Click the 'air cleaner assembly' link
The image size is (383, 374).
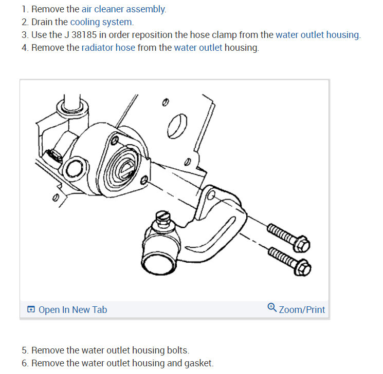pos(123,9)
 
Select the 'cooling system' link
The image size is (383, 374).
pos(102,22)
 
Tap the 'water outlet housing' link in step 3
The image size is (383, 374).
pos(318,35)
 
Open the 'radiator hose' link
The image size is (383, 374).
pos(108,48)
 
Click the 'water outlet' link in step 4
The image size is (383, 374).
pos(198,48)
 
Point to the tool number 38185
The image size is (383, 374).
pos(84,35)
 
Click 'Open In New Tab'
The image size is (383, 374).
pos(73,310)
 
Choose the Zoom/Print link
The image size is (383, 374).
pos(302,310)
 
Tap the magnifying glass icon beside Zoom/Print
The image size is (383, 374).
pos(272,307)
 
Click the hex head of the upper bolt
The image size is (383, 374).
pos(302,244)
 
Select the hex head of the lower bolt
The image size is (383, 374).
pos(303,268)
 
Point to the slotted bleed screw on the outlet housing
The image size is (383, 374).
pos(162,218)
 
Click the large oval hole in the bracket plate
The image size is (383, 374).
pos(177,126)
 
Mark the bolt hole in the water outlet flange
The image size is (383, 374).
pos(211,195)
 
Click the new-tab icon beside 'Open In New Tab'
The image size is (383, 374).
pos(31,309)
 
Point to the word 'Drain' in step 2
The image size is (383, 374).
pos(42,22)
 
